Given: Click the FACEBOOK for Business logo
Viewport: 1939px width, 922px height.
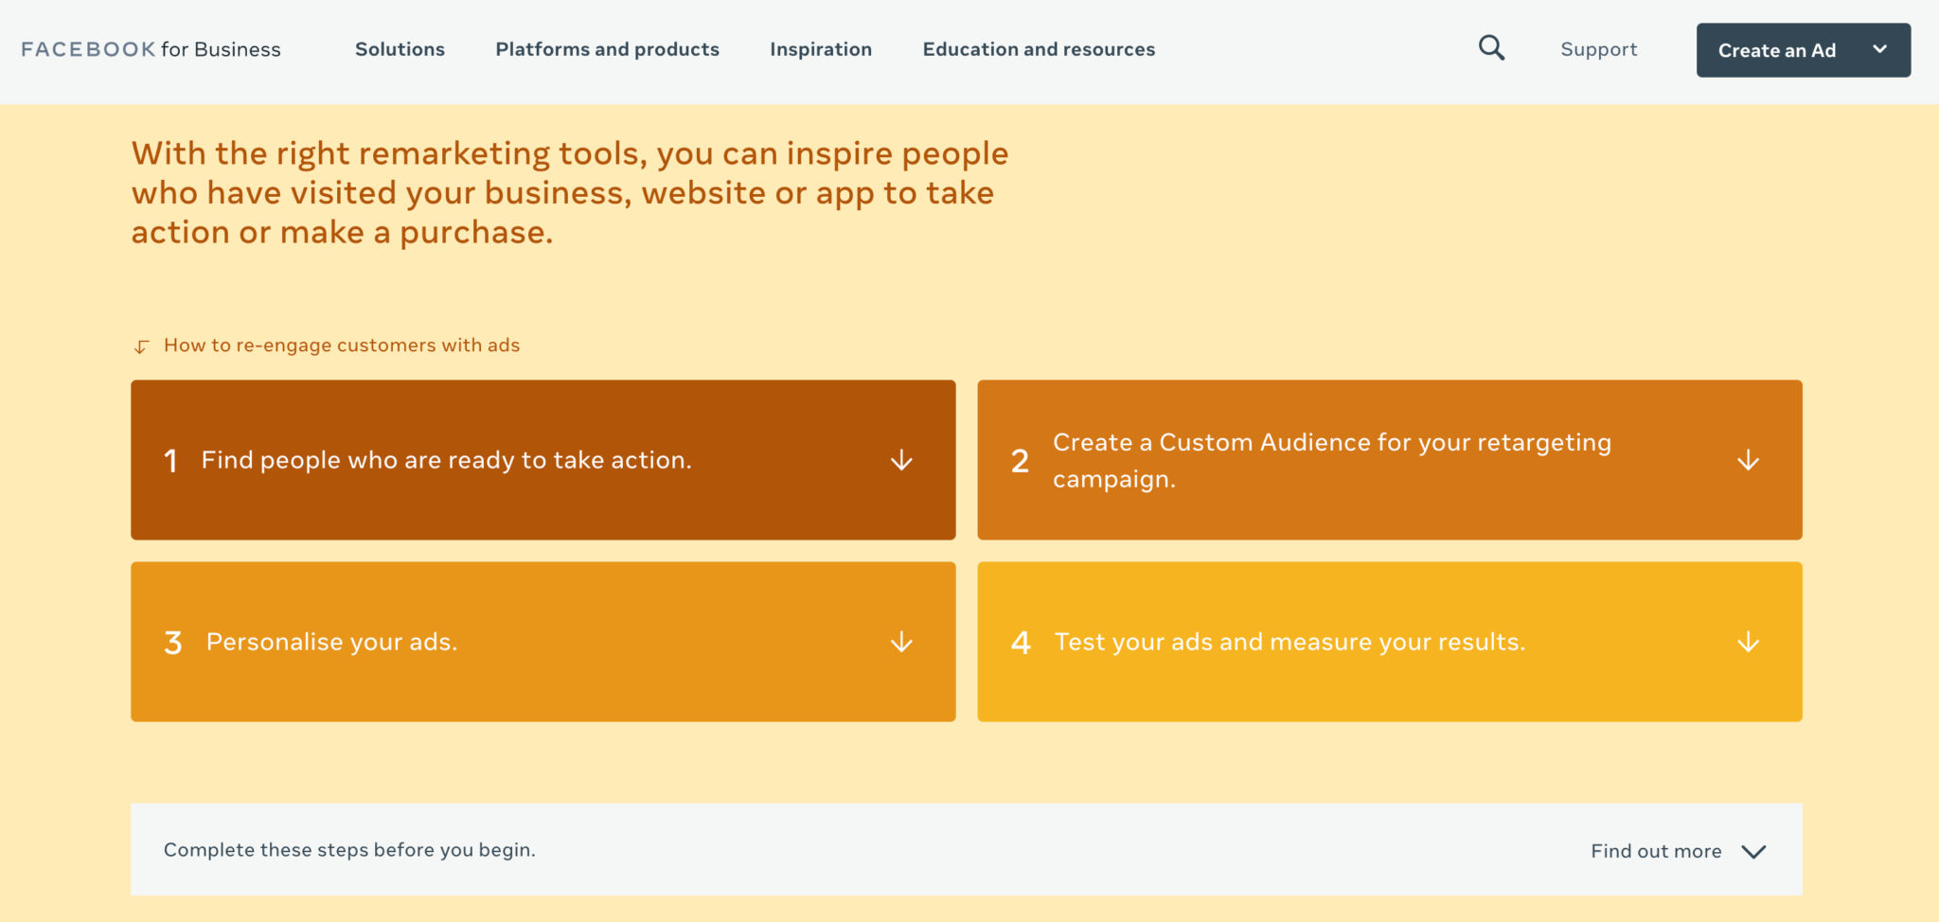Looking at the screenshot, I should (151, 49).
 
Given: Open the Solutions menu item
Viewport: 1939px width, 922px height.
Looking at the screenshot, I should (400, 49).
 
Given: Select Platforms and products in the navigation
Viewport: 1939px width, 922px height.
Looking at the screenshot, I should (607, 49).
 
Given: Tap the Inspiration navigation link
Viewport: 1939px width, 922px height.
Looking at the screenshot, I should (821, 49).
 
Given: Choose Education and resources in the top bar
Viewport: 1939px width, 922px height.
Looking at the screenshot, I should (1039, 49).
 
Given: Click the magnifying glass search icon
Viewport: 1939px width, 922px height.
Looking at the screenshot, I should (1491, 48).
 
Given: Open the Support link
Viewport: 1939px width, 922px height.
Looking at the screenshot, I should (1598, 49).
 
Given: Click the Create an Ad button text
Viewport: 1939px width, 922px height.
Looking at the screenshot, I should (1776, 50).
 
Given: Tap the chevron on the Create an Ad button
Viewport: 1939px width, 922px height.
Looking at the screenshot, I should (1879, 49).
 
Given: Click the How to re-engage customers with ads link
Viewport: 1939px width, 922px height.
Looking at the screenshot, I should (341, 346).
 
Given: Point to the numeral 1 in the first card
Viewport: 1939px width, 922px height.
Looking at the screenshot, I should (170, 461).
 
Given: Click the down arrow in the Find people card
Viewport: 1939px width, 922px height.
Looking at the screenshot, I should (901, 460).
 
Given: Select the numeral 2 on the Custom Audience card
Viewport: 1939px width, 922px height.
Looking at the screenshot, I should (1020, 461).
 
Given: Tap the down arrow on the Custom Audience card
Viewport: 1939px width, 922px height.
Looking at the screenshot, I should (1748, 460).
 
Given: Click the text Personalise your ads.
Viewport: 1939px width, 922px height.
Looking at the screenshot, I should (331, 642).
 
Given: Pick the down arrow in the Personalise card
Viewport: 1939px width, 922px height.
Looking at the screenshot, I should (901, 642).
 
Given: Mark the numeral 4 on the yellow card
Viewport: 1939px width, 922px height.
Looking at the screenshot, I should (1021, 643).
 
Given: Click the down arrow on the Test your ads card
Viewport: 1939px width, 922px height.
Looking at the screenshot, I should (1748, 642).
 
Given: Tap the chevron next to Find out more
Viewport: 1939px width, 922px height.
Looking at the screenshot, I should (1753, 851).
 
